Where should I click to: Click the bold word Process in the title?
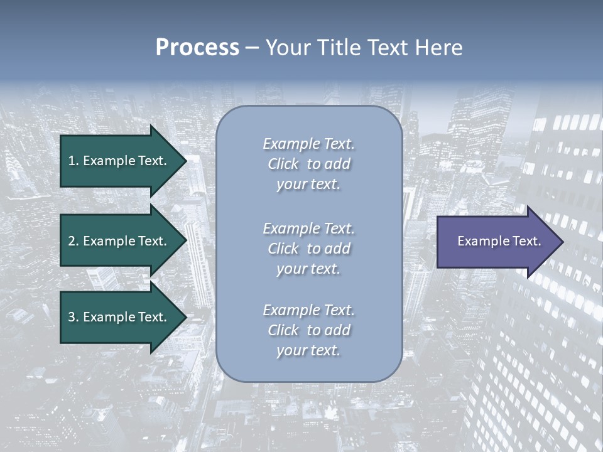[197, 48]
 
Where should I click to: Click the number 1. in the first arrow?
[73, 161]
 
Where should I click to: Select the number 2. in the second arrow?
[73, 241]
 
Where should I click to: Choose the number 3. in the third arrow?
[73, 317]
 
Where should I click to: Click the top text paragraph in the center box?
[309, 164]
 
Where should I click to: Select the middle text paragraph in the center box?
[309, 249]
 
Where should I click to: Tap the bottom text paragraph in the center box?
[309, 330]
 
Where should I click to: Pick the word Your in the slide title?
[286, 48]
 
